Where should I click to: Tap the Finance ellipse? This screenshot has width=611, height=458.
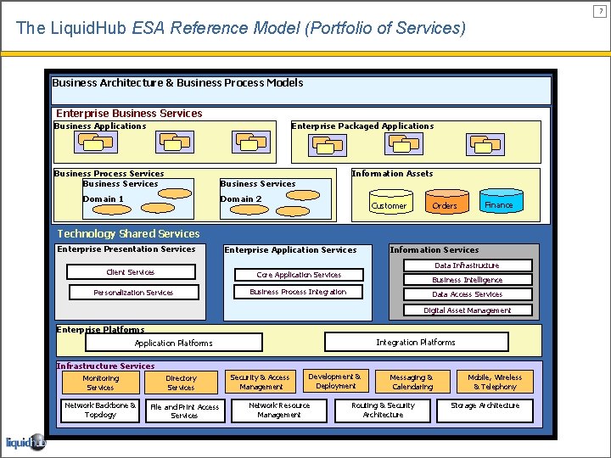[x=498, y=204]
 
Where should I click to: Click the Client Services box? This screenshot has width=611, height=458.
[x=131, y=272]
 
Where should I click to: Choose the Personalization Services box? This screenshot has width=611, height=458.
[x=133, y=293]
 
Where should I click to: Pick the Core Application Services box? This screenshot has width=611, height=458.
[x=299, y=275]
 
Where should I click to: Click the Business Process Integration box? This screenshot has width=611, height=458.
[x=298, y=292]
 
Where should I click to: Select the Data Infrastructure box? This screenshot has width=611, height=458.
[x=467, y=265]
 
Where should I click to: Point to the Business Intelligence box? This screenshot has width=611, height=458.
[x=467, y=280]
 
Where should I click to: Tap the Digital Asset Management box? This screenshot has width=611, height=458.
[x=467, y=310]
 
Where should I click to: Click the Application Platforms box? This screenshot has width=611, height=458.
[x=174, y=343]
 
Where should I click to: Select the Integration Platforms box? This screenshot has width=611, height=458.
[x=416, y=342]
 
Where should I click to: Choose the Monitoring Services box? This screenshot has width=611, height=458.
[x=100, y=383]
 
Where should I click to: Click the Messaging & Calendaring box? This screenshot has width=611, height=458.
[x=412, y=382]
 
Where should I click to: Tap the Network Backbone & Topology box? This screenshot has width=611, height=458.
[x=100, y=410]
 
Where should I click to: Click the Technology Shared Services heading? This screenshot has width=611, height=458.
[x=128, y=233]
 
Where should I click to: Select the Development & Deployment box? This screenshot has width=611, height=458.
[x=335, y=381]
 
